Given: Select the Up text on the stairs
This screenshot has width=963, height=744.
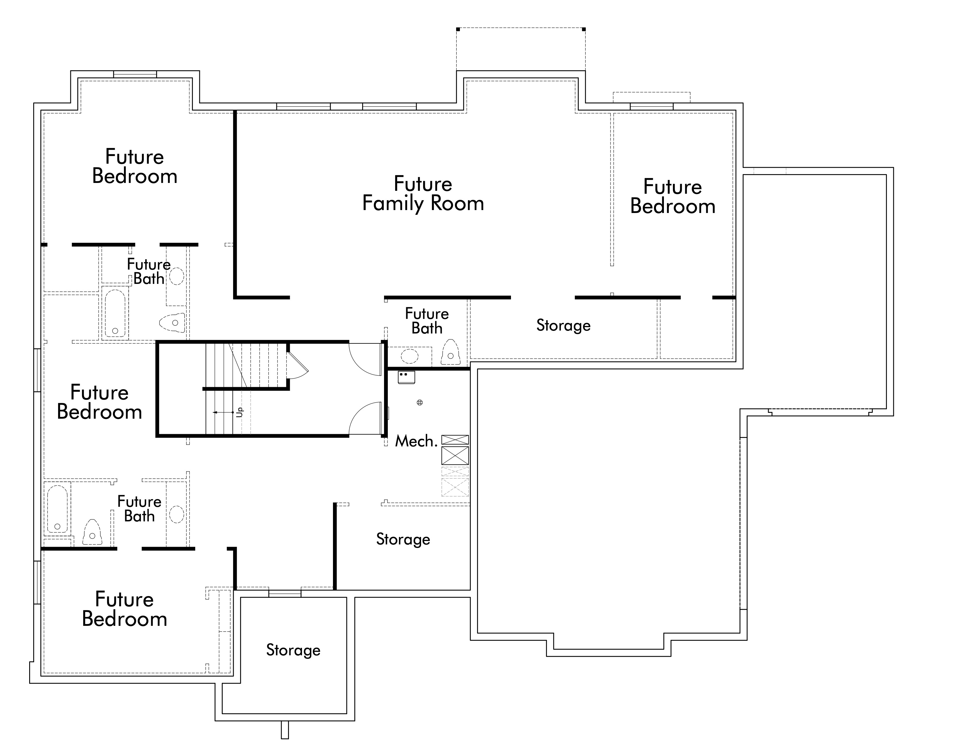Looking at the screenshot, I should pos(239,412).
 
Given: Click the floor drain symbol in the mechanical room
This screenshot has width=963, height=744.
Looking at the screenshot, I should pos(420,402).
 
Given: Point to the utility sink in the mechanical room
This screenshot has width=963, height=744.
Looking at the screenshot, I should pos(406,377).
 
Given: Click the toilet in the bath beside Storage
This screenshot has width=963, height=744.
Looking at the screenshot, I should pos(450,352).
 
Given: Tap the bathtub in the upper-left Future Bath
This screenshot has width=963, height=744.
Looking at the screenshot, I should pos(115,313).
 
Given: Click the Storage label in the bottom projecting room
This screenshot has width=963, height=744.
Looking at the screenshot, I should pos(293,650).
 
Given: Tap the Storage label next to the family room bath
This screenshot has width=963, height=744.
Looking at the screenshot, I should pos(563,325).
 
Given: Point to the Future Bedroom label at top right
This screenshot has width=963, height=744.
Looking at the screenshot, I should pos(672,197).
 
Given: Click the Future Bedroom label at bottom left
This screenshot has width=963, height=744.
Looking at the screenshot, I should pos(124,609).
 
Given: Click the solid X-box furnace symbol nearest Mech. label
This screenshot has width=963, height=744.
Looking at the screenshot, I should pos(455,455).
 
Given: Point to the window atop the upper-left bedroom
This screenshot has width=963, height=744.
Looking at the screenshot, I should pos(135,74).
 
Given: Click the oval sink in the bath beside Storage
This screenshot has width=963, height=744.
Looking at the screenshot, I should pos(410,355).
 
